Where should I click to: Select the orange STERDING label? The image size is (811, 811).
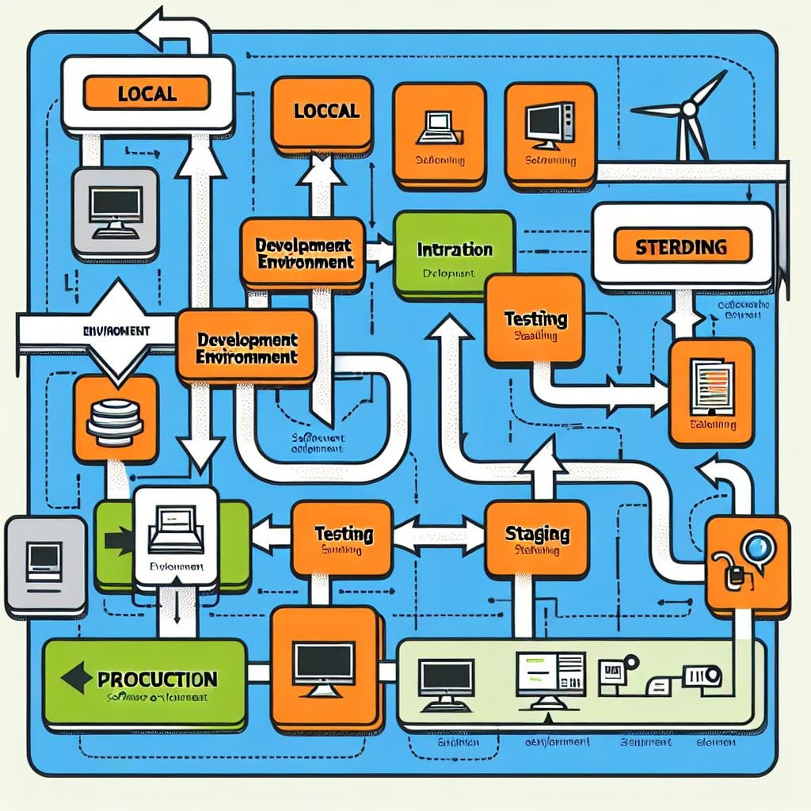tap(681, 246)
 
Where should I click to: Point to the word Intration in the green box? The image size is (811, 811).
tap(454, 249)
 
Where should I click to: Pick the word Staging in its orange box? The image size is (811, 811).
tap(537, 533)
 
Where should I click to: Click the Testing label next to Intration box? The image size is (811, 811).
tap(535, 319)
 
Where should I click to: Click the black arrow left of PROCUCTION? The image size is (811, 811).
tap(77, 678)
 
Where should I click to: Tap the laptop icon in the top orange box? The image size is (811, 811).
tap(438, 124)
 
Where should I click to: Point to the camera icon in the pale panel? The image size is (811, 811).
tap(702, 676)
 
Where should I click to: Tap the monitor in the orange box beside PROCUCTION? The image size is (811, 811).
tap(323, 665)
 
